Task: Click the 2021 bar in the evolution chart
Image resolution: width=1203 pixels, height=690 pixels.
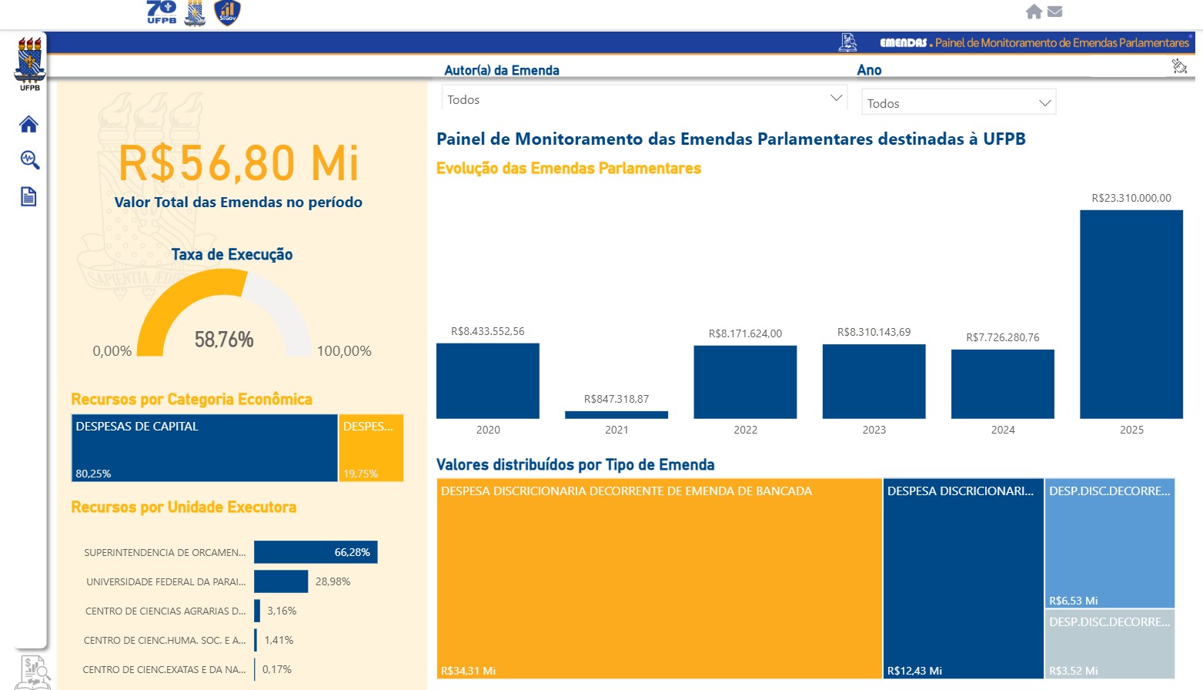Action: pyautogui.click(x=617, y=415)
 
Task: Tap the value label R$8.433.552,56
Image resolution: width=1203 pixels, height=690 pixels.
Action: pyautogui.click(x=488, y=332)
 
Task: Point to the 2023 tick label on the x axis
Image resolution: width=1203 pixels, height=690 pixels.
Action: pyautogui.click(x=874, y=430)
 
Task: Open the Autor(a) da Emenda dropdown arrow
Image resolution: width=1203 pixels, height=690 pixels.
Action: pyautogui.click(x=836, y=99)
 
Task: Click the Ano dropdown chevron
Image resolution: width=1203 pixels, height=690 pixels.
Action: pyautogui.click(x=1044, y=103)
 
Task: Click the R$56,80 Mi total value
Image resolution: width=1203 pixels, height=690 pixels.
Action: pyautogui.click(x=239, y=163)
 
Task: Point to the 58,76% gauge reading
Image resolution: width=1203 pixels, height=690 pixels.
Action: pyautogui.click(x=224, y=340)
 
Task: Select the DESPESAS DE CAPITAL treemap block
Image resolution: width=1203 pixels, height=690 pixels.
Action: pyautogui.click(x=204, y=448)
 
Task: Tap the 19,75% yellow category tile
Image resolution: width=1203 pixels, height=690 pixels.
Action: pyautogui.click(x=371, y=448)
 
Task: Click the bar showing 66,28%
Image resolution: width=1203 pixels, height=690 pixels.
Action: pyautogui.click(x=316, y=552)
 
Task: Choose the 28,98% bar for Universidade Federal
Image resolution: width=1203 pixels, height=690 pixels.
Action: pyautogui.click(x=281, y=581)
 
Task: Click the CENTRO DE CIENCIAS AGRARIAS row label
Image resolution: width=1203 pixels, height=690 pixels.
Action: pyautogui.click(x=165, y=611)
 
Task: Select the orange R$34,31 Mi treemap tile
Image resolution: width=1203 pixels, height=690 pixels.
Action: pyautogui.click(x=659, y=578)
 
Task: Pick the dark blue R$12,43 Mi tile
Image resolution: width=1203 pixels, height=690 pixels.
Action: pyautogui.click(x=963, y=578)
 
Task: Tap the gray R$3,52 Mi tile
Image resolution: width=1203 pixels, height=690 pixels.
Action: pyautogui.click(x=1109, y=644)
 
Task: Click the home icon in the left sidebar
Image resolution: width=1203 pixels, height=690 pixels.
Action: pyautogui.click(x=28, y=124)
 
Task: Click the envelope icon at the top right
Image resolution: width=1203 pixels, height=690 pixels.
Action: pyautogui.click(x=1055, y=12)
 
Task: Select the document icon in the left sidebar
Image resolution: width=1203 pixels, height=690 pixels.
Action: pyautogui.click(x=28, y=197)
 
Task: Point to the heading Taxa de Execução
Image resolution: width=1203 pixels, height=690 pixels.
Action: pyautogui.click(x=232, y=255)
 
